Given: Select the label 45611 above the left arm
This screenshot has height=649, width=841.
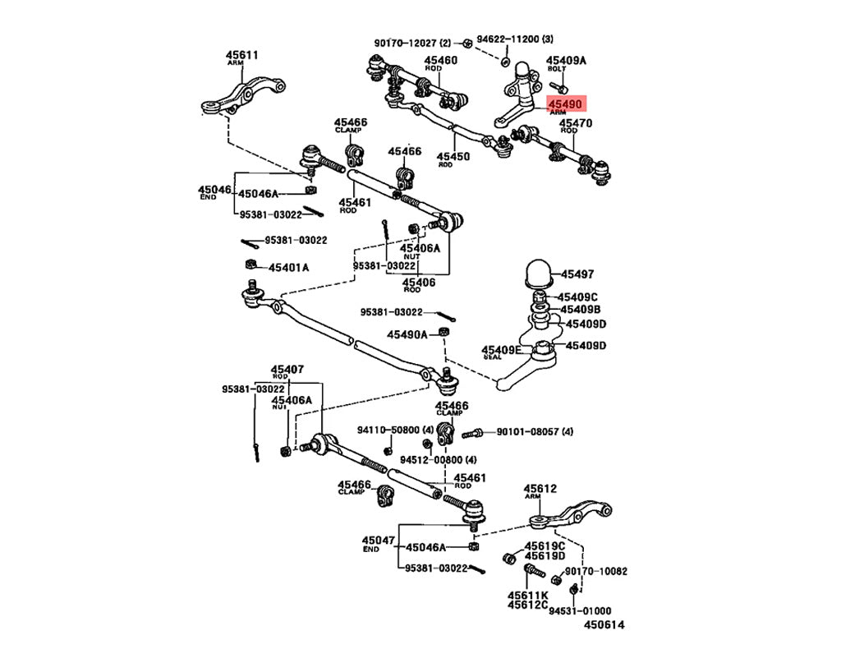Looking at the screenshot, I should (242, 56).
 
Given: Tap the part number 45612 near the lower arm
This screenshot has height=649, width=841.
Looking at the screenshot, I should (541, 489).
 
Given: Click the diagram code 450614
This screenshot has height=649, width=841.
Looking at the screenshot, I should (604, 625).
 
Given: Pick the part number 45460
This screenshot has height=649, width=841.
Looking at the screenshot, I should (441, 61).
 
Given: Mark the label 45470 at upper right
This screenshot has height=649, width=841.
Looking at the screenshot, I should (577, 124).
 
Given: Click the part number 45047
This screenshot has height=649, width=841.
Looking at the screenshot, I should (378, 541).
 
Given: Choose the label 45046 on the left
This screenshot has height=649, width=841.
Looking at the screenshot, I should (214, 190).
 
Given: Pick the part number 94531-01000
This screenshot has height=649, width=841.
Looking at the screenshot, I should (580, 610).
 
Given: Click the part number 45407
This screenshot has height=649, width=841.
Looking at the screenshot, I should (287, 370).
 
